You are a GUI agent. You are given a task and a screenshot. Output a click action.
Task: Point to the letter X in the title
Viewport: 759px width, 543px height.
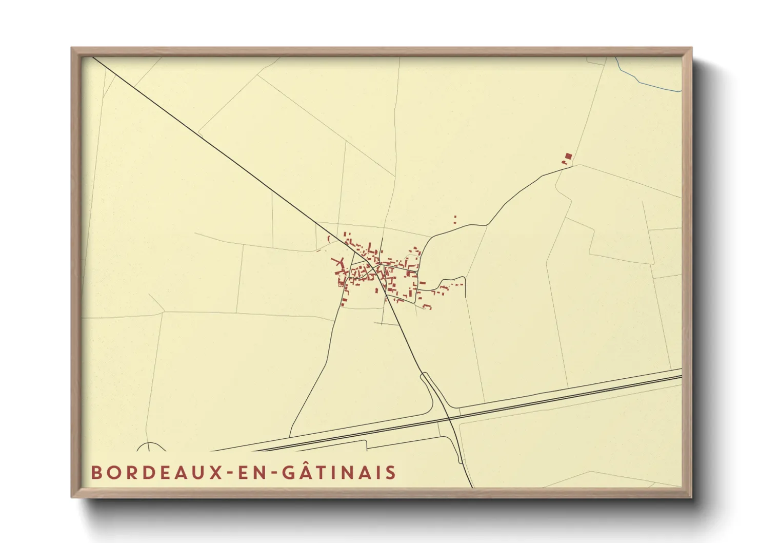[216, 472]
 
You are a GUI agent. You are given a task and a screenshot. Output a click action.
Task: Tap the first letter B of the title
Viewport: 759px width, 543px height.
[95, 472]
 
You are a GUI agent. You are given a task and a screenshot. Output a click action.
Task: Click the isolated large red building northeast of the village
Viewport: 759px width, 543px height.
[568, 156]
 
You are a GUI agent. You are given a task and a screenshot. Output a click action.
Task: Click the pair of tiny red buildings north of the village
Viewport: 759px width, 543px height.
[455, 220]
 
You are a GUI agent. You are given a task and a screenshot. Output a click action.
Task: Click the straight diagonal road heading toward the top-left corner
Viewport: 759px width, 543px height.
[215, 149]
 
